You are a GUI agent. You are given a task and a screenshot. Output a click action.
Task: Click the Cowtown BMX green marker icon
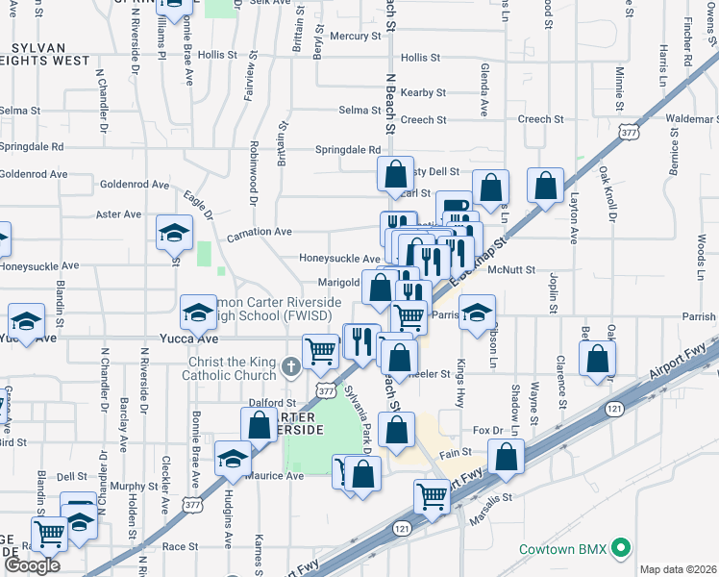(622, 549)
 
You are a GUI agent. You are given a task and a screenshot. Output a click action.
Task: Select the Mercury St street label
(356, 37)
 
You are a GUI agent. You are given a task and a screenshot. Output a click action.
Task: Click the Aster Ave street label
(119, 214)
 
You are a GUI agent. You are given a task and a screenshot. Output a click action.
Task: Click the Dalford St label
(272, 404)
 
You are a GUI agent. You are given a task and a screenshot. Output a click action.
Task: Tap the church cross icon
(292, 365)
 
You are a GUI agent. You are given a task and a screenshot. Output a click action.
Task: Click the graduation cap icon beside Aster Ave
(174, 233)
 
